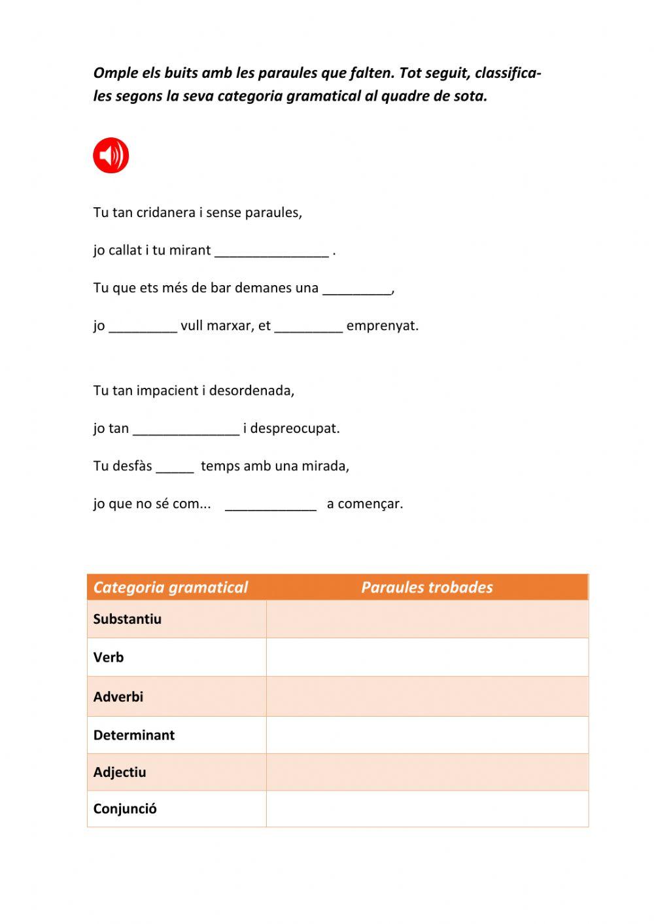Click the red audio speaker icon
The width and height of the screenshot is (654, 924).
[x=111, y=156]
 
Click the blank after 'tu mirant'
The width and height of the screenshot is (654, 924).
[x=271, y=252]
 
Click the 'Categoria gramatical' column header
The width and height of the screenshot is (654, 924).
[x=171, y=587]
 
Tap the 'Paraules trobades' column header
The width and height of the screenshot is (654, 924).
[x=426, y=587]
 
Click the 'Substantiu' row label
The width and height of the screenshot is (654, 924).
[x=127, y=619]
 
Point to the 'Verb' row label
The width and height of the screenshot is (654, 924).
[x=109, y=657]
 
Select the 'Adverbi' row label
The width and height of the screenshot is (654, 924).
[x=118, y=696]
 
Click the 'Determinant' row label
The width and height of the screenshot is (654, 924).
[x=134, y=735]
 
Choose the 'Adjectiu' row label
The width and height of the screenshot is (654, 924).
[x=120, y=772]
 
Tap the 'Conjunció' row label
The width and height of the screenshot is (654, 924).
[x=125, y=809]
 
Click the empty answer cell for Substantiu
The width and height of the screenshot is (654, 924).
[x=427, y=619]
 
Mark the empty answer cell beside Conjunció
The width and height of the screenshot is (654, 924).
[x=427, y=809]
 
